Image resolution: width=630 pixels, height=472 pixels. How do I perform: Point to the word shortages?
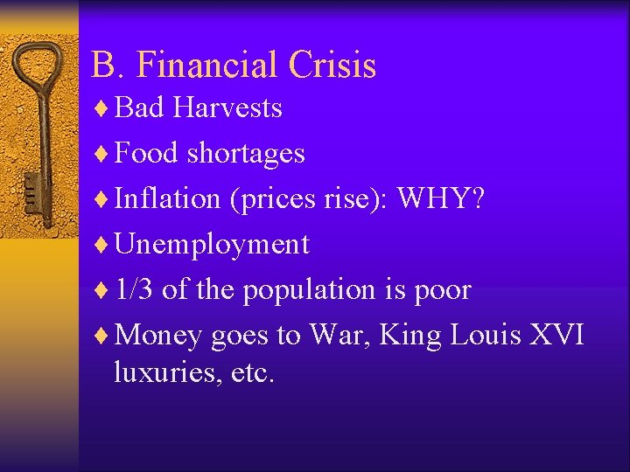point(246,154)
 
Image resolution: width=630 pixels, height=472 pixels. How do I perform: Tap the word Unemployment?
point(212,245)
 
